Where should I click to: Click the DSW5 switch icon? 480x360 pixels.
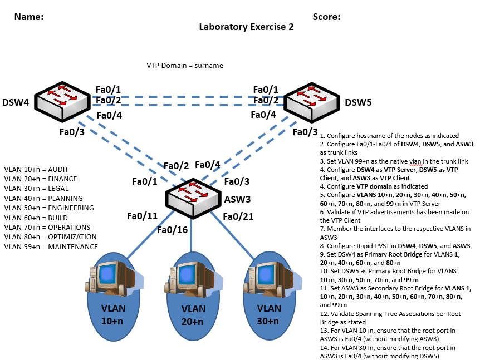[x=312, y=102]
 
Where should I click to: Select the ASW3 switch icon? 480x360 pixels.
[x=192, y=196]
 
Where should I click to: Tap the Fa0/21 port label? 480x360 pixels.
[x=238, y=216]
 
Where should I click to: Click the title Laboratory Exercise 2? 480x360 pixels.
[x=246, y=27]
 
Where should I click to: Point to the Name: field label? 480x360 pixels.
[x=28, y=17]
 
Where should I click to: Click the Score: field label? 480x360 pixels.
[x=326, y=17]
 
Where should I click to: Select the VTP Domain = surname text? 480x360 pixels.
[x=185, y=65]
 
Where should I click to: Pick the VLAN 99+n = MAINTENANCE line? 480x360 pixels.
[x=51, y=246]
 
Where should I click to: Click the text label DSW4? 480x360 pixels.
[x=15, y=102]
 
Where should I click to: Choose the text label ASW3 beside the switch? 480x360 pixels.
[x=237, y=199]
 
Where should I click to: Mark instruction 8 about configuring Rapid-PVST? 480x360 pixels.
[x=398, y=246]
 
